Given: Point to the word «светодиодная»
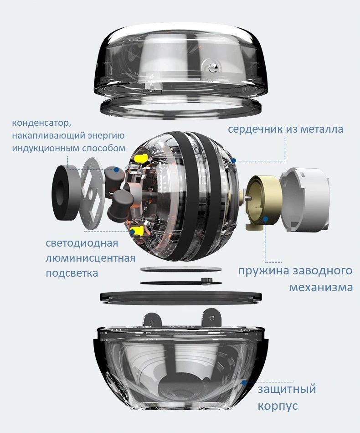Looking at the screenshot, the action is point(82,243).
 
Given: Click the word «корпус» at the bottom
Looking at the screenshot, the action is point(278,406).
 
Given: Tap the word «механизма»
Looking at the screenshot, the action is point(321,288).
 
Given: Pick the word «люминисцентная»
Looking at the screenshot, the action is point(91,258).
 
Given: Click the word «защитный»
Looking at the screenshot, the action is point(287,389).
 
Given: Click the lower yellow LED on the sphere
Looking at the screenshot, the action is point(137,231).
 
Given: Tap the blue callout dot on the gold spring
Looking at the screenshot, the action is point(265,219).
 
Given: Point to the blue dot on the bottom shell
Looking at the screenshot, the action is point(244,382).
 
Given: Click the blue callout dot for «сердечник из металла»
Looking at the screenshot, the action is point(234,160).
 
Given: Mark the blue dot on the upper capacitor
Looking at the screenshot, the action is point(117,170).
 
